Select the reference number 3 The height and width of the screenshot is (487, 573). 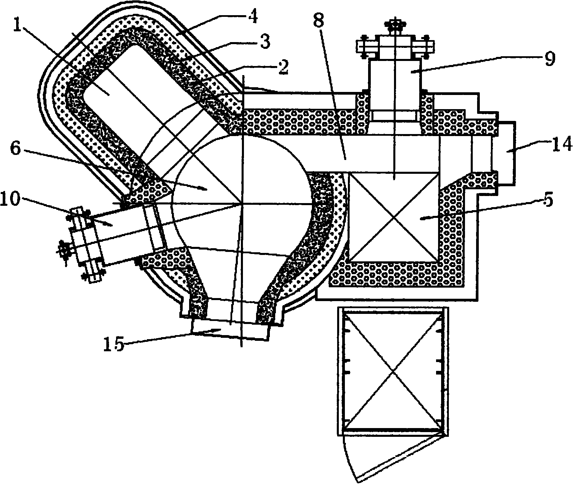(x=264, y=43)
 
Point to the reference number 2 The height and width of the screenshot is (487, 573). (x=283, y=67)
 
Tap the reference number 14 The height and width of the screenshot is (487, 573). (x=561, y=144)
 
